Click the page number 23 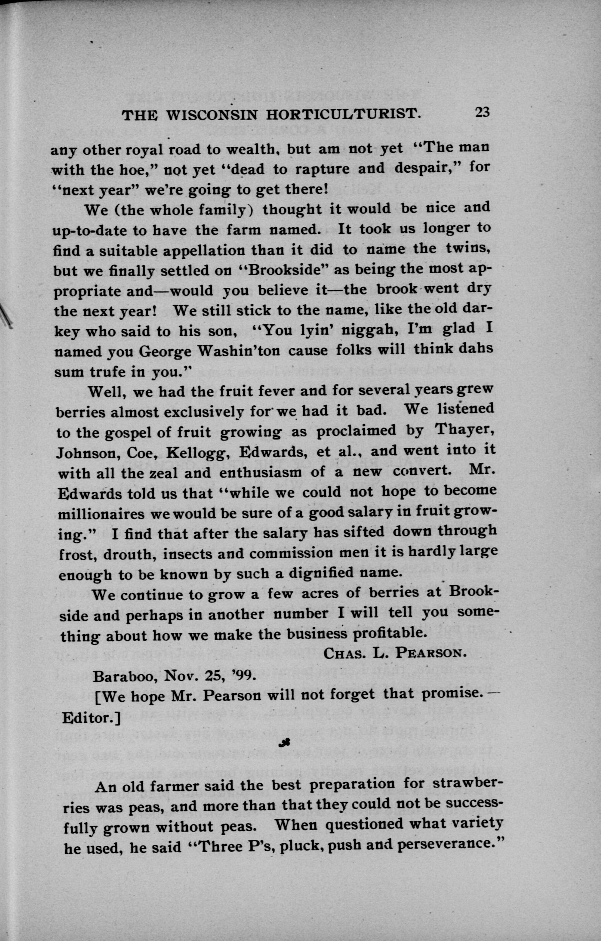[x=482, y=112]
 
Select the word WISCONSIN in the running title [x=211, y=115]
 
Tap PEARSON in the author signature [x=430, y=654]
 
